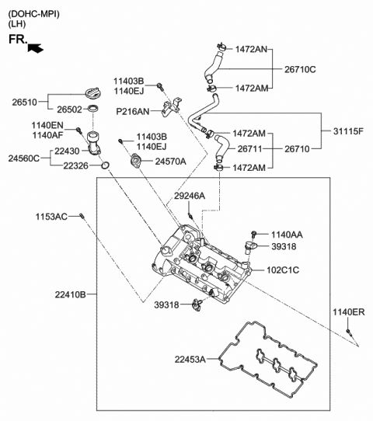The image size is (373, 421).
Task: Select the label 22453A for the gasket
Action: [190, 359]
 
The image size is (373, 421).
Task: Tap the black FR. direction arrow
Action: [36, 48]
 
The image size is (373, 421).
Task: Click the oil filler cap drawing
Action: [92, 91]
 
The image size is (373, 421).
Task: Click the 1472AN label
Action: [251, 49]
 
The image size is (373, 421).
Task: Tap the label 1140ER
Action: [348, 312]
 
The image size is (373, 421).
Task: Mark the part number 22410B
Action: [71, 294]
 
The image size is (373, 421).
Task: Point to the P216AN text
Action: [133, 111]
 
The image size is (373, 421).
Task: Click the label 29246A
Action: [190, 197]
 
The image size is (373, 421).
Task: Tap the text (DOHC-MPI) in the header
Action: [33, 14]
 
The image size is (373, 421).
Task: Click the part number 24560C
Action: [24, 158]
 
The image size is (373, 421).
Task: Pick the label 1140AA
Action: [287, 234]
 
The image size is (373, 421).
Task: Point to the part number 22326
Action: [77, 165]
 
